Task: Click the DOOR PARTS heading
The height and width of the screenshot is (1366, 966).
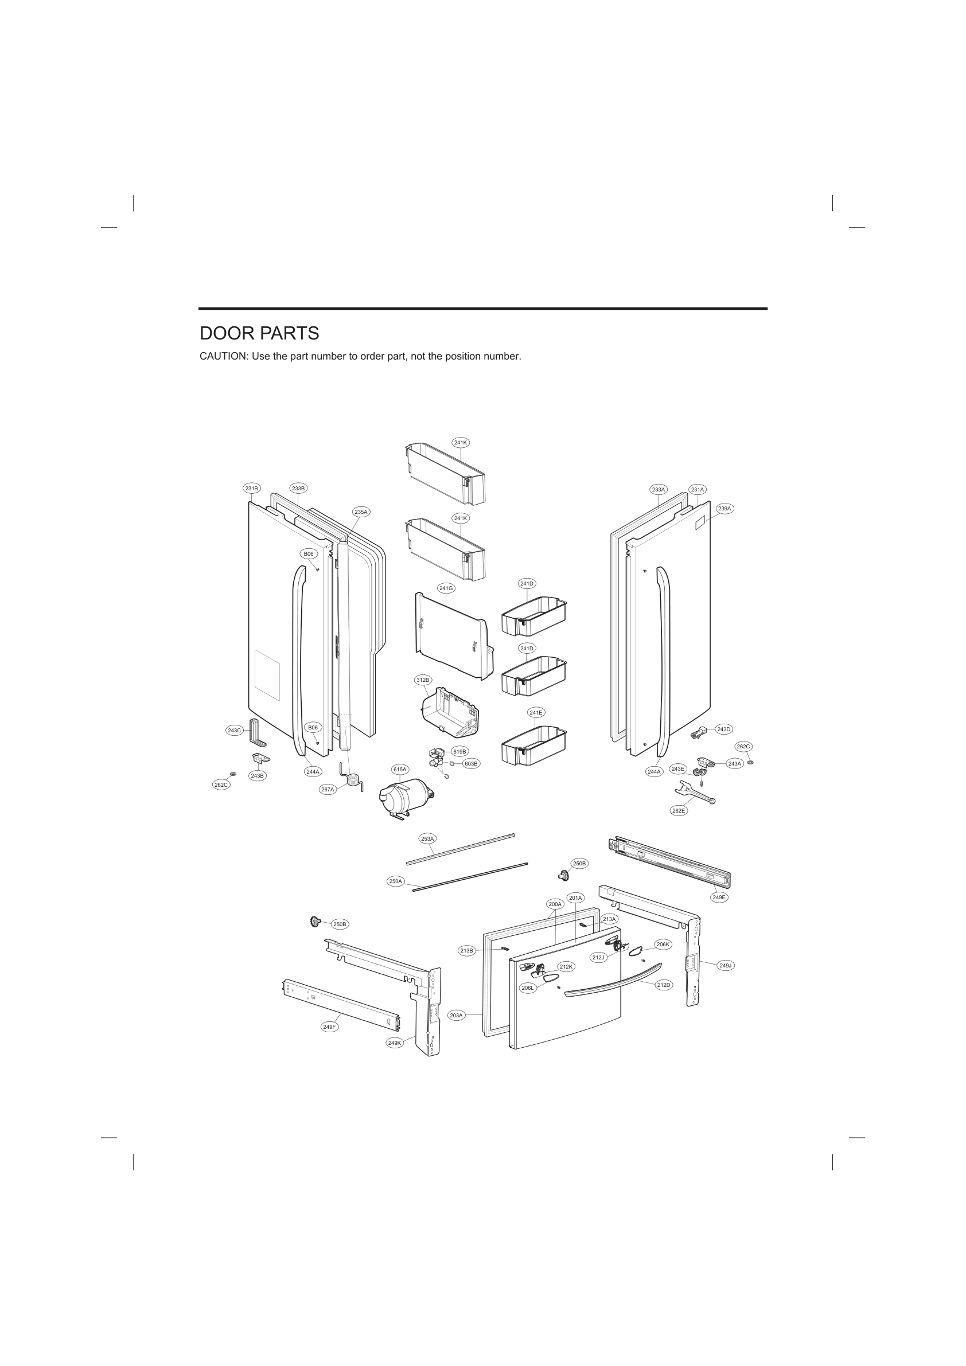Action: click(259, 334)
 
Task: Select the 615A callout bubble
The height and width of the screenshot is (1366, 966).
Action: click(400, 769)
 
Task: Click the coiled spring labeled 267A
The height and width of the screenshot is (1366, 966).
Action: click(354, 779)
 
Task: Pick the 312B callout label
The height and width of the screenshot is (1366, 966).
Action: click(423, 680)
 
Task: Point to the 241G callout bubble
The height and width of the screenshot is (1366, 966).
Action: click(446, 588)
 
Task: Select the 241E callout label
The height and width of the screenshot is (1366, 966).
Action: click(536, 712)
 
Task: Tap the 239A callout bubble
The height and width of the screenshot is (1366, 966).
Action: click(724, 509)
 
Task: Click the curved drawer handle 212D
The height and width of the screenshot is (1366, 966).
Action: click(613, 986)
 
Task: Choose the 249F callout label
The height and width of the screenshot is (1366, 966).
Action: click(329, 1027)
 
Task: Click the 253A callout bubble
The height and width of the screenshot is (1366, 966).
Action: click(427, 838)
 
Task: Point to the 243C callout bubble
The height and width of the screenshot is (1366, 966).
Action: click(234, 730)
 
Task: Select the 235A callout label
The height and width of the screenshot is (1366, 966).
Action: click(361, 512)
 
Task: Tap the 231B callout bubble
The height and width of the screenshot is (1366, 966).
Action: click(252, 489)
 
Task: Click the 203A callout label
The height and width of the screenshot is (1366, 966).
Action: click(456, 1016)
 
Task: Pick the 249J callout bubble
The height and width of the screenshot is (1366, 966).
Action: click(725, 965)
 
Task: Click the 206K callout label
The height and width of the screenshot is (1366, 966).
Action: click(663, 944)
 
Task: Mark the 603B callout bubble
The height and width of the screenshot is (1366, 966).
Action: click(472, 763)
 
